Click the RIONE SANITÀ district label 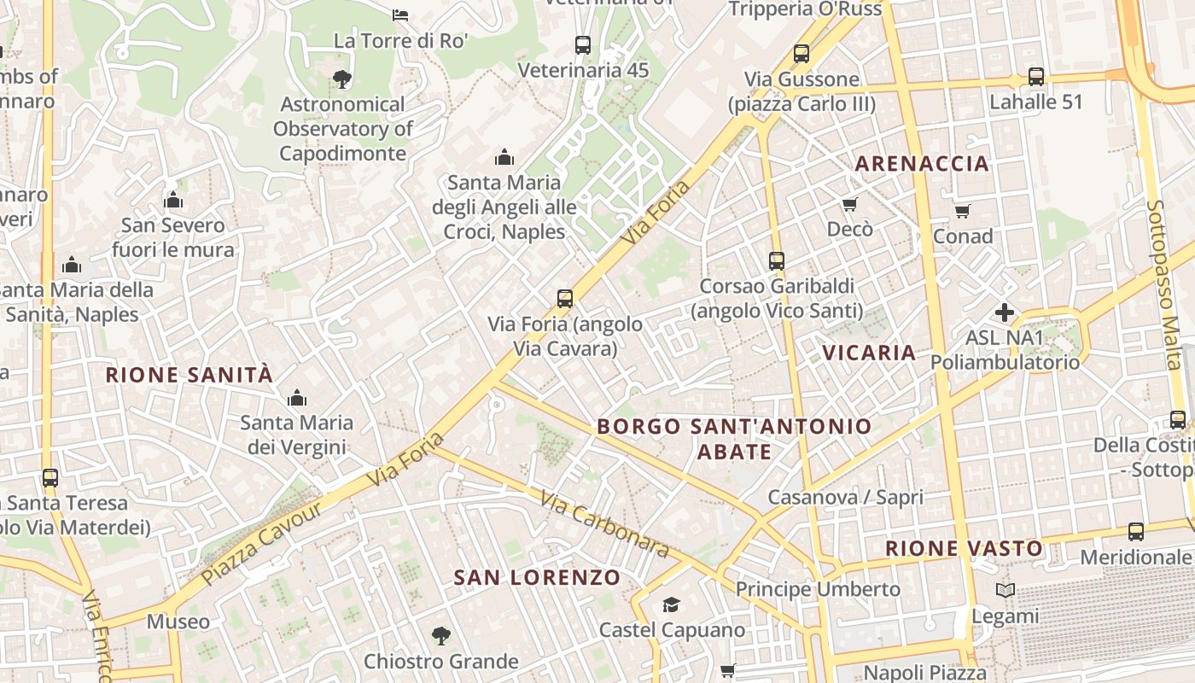189,375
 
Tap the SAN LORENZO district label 537,578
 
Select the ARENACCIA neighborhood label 922,164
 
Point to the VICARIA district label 869,353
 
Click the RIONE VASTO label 964,549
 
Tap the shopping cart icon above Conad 963,211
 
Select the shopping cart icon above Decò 850,204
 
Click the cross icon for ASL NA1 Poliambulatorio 1005,312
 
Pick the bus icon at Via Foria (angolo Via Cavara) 565,299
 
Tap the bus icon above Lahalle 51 1036,77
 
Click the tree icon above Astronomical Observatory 342,79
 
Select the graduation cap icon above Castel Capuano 672,605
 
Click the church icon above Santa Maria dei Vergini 297,398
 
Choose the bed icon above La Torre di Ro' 400,15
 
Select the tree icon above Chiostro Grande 440,635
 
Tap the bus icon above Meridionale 1136,532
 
